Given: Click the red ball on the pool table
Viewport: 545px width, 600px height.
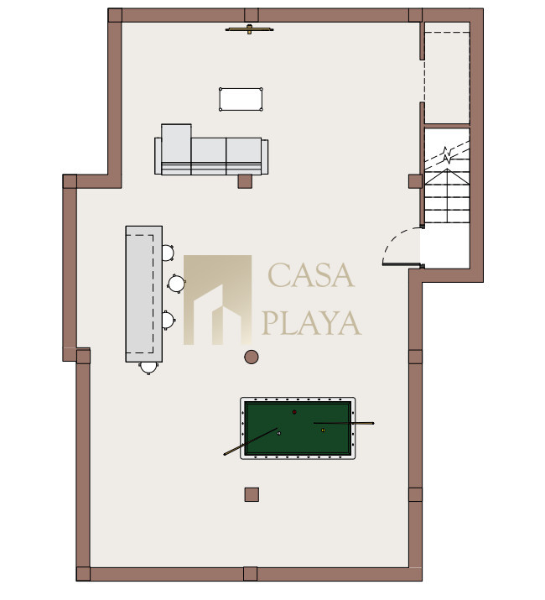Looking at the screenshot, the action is click(x=294, y=412).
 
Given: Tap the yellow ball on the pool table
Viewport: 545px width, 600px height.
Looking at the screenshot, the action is click(x=323, y=430).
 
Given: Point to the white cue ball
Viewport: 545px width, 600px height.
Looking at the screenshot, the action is click(x=279, y=433).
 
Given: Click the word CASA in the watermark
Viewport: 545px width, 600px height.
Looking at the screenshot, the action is click(x=311, y=275).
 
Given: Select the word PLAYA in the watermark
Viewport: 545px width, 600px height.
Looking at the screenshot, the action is click(x=311, y=322).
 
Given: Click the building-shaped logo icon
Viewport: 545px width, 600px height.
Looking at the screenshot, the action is click(x=217, y=300).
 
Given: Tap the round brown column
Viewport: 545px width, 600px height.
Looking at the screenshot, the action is click(x=252, y=357).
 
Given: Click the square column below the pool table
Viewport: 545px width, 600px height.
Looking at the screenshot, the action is click(x=252, y=494).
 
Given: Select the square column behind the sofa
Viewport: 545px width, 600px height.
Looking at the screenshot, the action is click(x=245, y=181).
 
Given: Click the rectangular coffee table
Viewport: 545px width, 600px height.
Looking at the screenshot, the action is click(x=241, y=100).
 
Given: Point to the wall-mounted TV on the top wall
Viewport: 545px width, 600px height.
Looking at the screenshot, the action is click(x=249, y=29).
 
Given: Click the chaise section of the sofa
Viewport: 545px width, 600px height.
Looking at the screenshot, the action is click(x=176, y=149).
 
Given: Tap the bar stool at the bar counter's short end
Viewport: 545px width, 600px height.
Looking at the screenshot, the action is click(x=148, y=368).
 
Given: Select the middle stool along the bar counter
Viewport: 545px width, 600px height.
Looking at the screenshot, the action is click(x=177, y=284).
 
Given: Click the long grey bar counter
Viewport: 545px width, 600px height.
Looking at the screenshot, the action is click(x=144, y=294).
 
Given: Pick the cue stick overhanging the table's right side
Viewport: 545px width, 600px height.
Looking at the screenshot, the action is click(x=344, y=423).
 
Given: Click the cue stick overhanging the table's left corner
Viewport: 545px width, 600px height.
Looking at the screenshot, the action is click(x=250, y=441).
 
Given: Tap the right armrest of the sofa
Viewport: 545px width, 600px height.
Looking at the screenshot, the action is click(x=265, y=157).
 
